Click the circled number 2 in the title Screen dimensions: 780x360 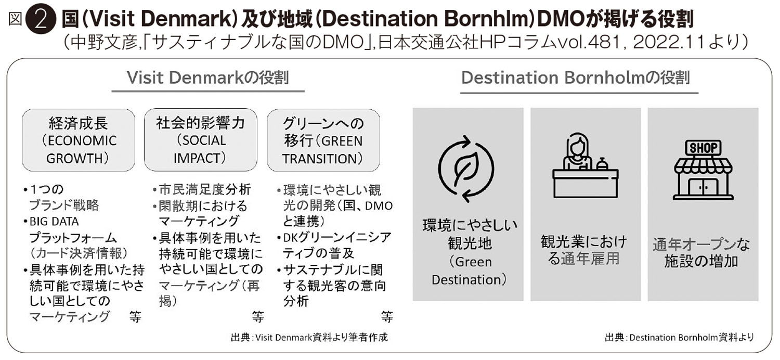click(41, 20)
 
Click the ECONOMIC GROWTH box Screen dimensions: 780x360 click(79, 140)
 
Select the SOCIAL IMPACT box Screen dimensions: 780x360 click(201, 140)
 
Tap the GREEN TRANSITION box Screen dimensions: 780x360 click(323, 140)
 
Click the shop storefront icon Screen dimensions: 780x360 click(703, 170)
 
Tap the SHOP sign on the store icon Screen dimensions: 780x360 click(703, 148)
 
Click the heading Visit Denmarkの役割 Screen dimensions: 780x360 click(208, 78)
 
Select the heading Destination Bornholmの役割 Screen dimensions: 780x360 click(575, 78)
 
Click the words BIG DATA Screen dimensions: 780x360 click(54, 222)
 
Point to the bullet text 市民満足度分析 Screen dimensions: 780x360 click(205, 189)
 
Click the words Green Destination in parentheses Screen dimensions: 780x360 click(469, 271)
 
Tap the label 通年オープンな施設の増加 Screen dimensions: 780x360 click(701, 253)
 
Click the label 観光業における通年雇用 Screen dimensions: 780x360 click(584, 250)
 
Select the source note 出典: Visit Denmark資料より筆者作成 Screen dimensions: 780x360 click(309, 337)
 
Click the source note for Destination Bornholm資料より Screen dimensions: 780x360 click(679, 337)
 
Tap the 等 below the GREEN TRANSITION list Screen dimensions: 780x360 click(387, 316)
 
